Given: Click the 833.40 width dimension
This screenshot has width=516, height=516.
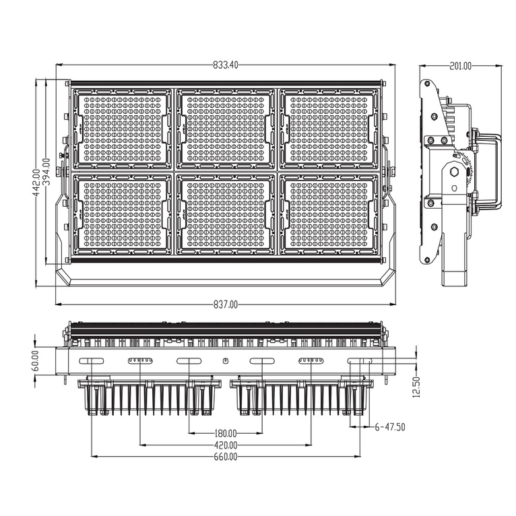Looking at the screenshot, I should (225, 65).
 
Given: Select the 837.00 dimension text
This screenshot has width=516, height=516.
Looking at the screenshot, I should (226, 304).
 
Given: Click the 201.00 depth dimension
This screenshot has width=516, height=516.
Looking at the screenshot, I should (461, 66).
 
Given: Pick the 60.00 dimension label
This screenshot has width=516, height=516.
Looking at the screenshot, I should (35, 361).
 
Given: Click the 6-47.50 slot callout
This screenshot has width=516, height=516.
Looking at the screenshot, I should (390, 427).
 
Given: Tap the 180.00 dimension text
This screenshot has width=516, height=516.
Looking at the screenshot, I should (225, 433).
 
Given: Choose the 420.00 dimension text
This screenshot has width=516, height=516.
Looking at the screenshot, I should (225, 445).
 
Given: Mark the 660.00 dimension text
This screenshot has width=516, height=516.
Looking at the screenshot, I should (225, 457).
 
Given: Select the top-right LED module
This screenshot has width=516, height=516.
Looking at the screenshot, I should (329, 128).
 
